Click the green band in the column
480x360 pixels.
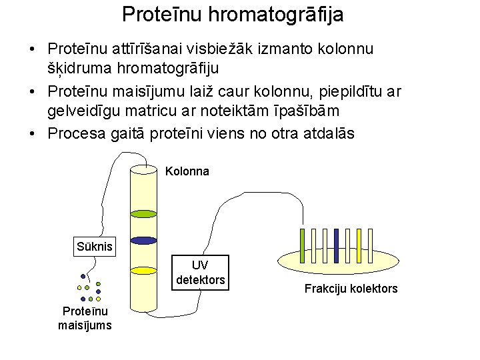coord(143,214)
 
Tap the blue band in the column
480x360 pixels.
coord(143,241)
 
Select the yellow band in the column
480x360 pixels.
coord(143,271)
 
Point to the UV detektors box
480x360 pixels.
coord(200,273)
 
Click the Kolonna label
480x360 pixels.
coord(187,171)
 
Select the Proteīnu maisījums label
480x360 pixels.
coord(85,318)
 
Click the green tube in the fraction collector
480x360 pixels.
coord(302,245)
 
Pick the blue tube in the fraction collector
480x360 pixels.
coord(336,245)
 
